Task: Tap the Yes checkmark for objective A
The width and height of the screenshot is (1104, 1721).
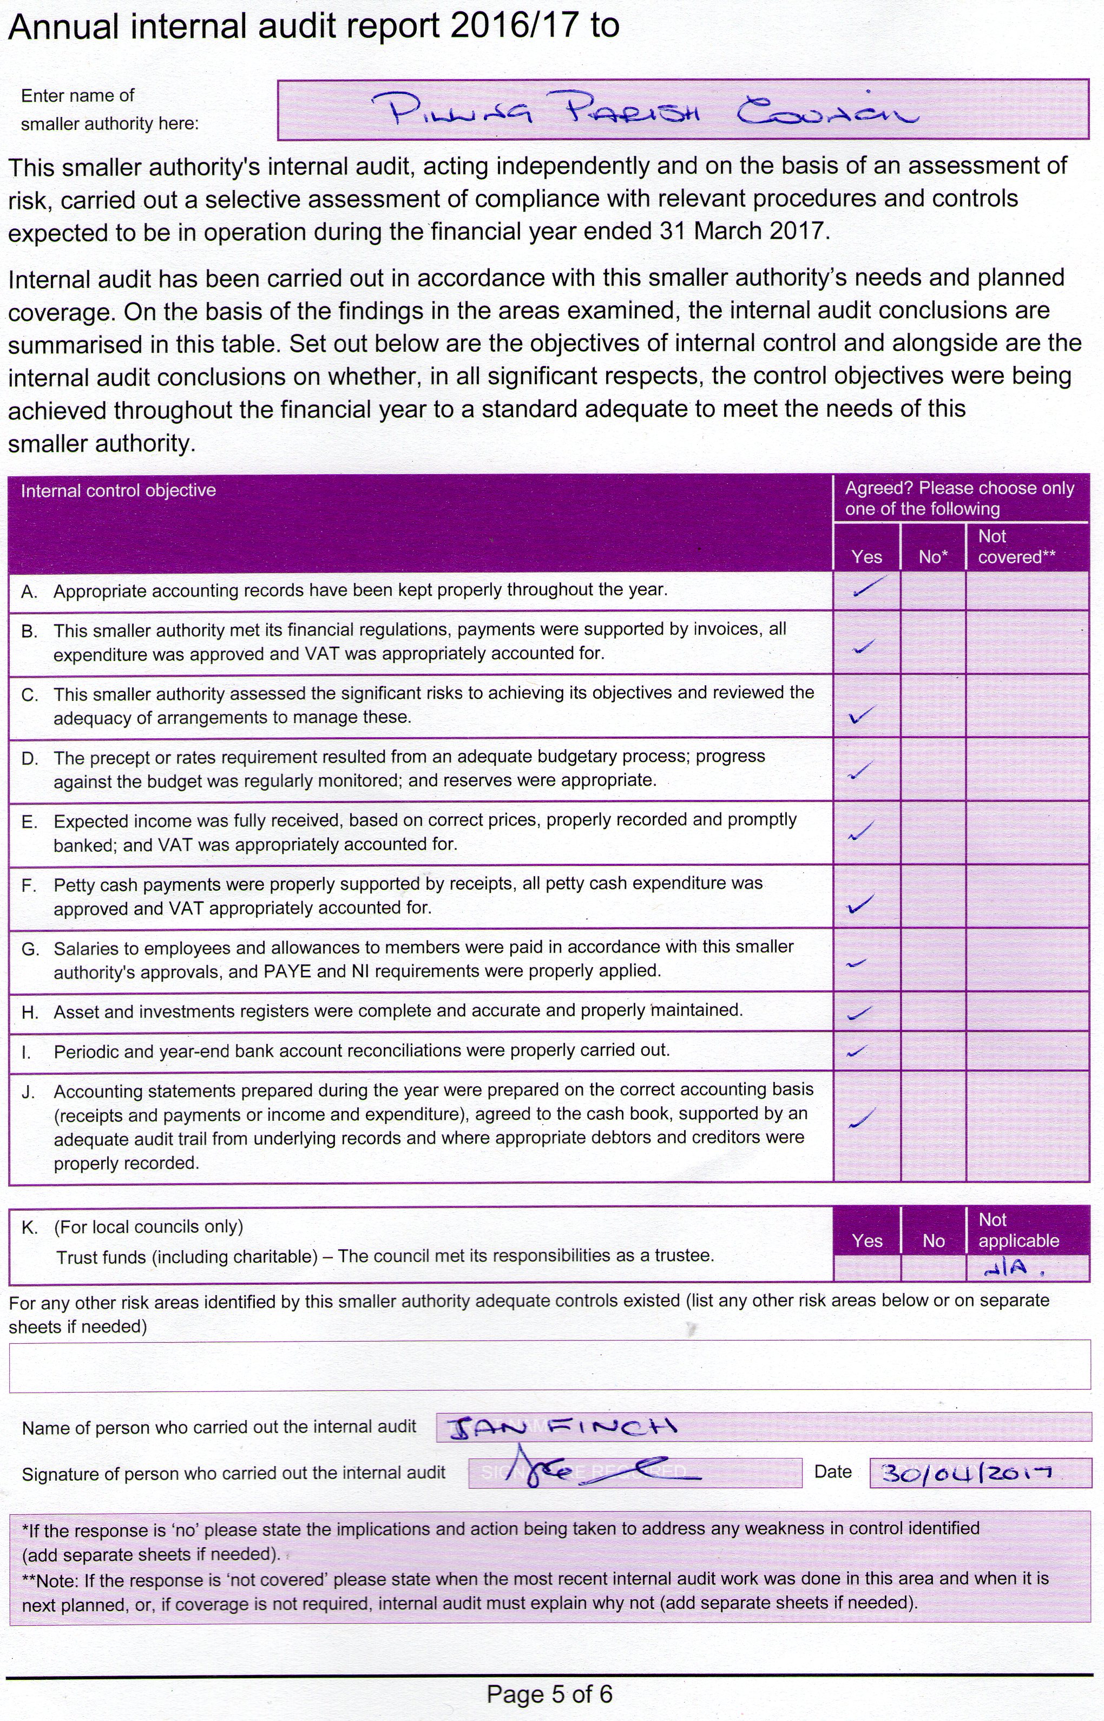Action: click(865, 588)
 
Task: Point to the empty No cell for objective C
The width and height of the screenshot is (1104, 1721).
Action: click(932, 706)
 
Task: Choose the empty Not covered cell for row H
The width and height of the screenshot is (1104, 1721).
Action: click(1027, 1011)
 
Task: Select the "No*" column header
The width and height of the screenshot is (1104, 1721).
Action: click(932, 557)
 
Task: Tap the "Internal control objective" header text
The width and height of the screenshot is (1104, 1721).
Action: click(119, 491)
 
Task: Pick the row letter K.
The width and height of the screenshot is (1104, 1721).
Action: click(29, 1227)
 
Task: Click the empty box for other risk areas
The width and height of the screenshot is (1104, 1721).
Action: click(549, 1368)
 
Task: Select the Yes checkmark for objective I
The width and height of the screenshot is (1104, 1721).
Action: click(857, 1052)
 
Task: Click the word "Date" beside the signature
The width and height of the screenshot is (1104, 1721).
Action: click(832, 1472)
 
